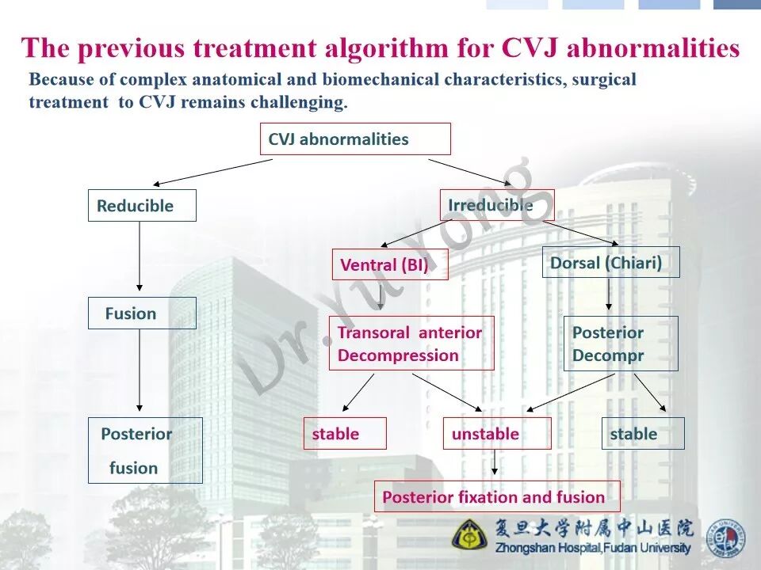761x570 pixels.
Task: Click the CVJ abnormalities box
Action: click(x=355, y=139)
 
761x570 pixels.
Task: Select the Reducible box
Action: click(x=142, y=206)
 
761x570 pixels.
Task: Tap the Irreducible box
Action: click(x=496, y=205)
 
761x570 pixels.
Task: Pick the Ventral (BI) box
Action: click(x=389, y=264)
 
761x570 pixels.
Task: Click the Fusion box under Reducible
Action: click(x=142, y=313)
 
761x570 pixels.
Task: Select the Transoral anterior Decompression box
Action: click(x=411, y=344)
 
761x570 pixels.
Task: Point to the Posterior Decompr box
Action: click(x=621, y=344)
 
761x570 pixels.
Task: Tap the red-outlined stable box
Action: click(x=345, y=434)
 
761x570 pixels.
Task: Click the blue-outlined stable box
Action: click(x=642, y=434)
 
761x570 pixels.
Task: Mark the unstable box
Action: click(x=496, y=434)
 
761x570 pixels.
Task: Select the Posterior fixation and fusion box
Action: click(x=497, y=497)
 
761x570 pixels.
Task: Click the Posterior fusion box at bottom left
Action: click(x=145, y=450)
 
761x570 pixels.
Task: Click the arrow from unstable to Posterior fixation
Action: click(x=495, y=464)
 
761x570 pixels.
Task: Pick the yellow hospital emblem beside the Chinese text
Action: click(x=470, y=534)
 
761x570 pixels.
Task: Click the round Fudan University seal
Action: click(x=725, y=538)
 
